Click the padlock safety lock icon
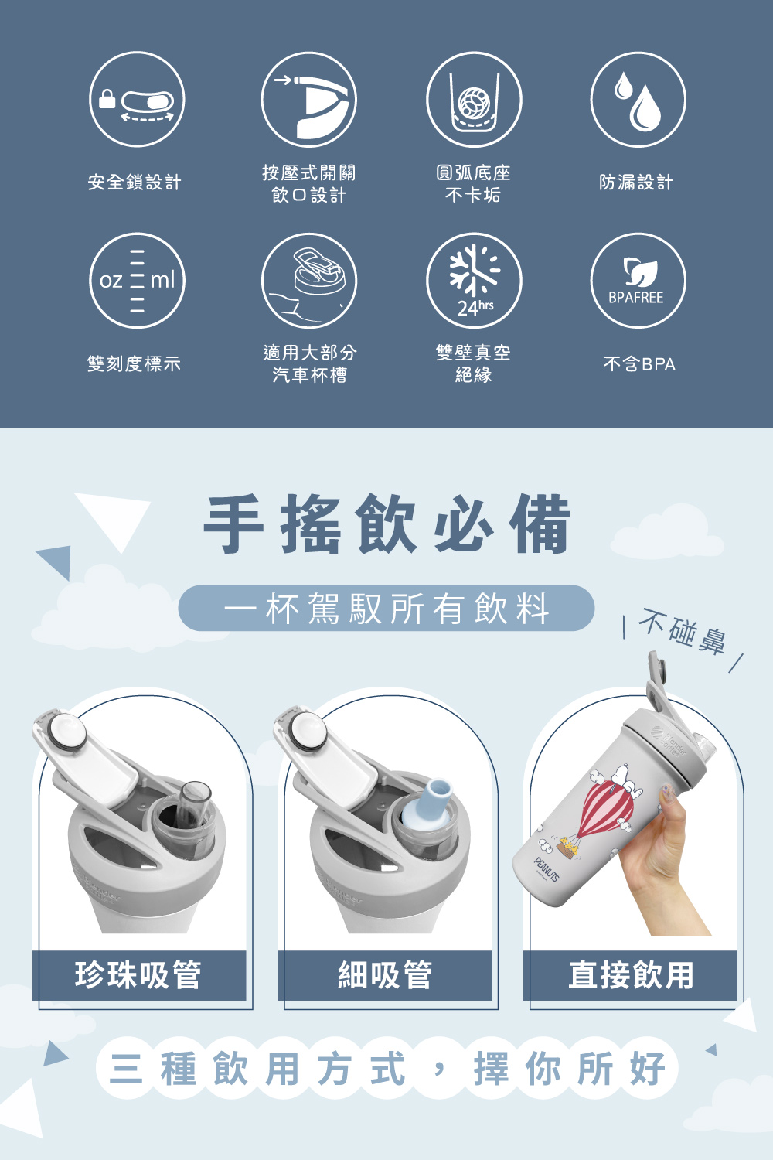137,99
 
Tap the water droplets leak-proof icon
638,99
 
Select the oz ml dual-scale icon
137,280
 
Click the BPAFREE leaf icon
638,280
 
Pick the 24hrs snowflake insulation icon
474,280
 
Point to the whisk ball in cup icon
474,99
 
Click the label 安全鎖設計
135,183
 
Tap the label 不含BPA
639,364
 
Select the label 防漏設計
636,183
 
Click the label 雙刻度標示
134,363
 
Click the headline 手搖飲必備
386,524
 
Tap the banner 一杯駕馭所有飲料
386,608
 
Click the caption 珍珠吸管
138,975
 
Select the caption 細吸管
385,975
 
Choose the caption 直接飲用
631,975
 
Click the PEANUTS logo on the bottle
547,870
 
